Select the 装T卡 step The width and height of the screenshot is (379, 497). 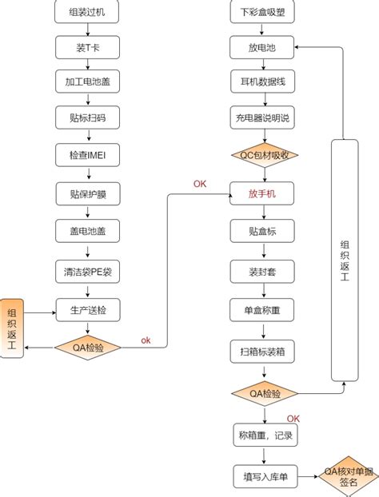[87, 48]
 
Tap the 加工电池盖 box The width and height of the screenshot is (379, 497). [87, 82]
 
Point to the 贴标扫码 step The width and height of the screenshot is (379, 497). [87, 117]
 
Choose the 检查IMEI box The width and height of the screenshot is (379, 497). [87, 153]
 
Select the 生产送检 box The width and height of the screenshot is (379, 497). [87, 309]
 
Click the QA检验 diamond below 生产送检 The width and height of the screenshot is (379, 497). [87, 348]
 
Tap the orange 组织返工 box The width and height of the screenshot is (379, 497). [12, 328]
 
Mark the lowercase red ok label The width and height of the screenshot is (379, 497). [146, 340]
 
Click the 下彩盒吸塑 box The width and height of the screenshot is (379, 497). [263, 12]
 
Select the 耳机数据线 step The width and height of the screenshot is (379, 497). [263, 82]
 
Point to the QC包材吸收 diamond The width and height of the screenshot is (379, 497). [263, 154]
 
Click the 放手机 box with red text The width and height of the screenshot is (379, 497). [263, 193]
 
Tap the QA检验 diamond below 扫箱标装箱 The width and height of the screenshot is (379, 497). [263, 393]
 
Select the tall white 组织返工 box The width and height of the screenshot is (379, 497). [344, 260]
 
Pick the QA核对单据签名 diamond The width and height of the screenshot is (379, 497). [347, 478]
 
